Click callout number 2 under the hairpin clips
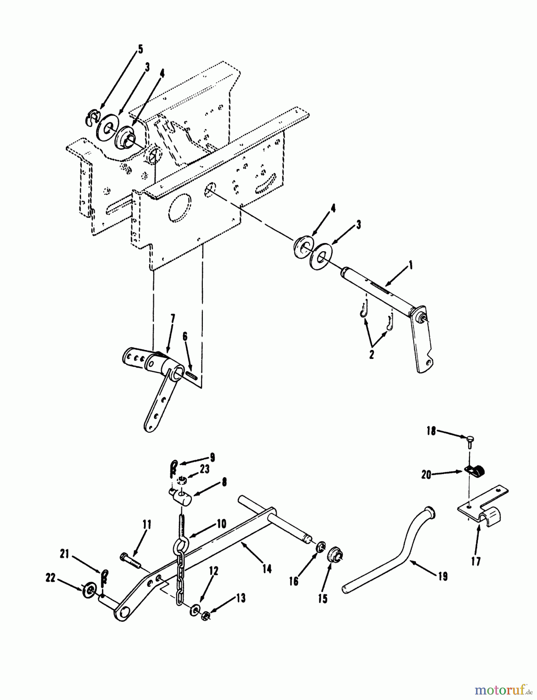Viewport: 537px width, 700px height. coord(371,355)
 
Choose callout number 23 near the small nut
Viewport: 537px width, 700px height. coord(204,469)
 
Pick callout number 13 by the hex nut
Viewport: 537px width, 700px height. coord(241,598)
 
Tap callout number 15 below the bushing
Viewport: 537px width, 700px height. coord(322,599)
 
